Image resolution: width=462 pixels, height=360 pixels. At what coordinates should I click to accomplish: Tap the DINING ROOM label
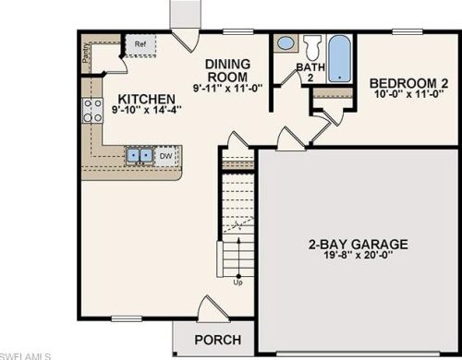coord(227,71)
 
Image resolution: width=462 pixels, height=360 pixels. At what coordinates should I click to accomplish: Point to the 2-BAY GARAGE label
coord(358,245)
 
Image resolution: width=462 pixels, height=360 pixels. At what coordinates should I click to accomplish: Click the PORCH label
coord(218,339)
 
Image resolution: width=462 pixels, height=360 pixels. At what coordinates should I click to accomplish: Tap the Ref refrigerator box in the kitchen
coord(140,44)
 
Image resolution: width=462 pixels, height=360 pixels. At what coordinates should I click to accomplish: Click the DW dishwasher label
coord(166,156)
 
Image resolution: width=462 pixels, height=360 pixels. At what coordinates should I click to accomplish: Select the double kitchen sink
coord(140,155)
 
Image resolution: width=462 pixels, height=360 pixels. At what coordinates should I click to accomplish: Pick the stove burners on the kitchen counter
coord(92,111)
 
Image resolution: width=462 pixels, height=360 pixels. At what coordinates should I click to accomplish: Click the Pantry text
coord(86,54)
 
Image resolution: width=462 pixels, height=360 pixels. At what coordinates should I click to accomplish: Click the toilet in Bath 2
coord(311,46)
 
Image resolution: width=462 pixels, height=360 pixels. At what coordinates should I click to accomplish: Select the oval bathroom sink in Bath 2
coord(286,43)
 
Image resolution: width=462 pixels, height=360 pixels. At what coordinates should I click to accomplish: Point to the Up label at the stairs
coord(237,282)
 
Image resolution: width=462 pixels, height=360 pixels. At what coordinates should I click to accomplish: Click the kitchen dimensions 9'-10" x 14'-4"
coord(148,110)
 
